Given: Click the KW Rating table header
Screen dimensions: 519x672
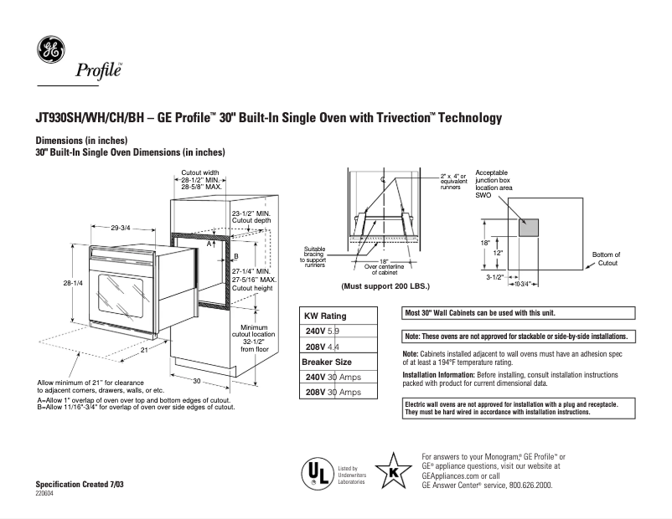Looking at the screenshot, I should (x=324, y=316).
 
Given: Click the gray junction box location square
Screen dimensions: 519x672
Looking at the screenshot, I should (x=528, y=228).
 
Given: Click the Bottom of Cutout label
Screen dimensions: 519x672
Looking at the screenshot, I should (x=606, y=259).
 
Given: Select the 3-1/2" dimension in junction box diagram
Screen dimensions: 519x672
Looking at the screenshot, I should (x=494, y=275).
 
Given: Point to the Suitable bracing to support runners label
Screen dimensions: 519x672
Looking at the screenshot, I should (x=316, y=254).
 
